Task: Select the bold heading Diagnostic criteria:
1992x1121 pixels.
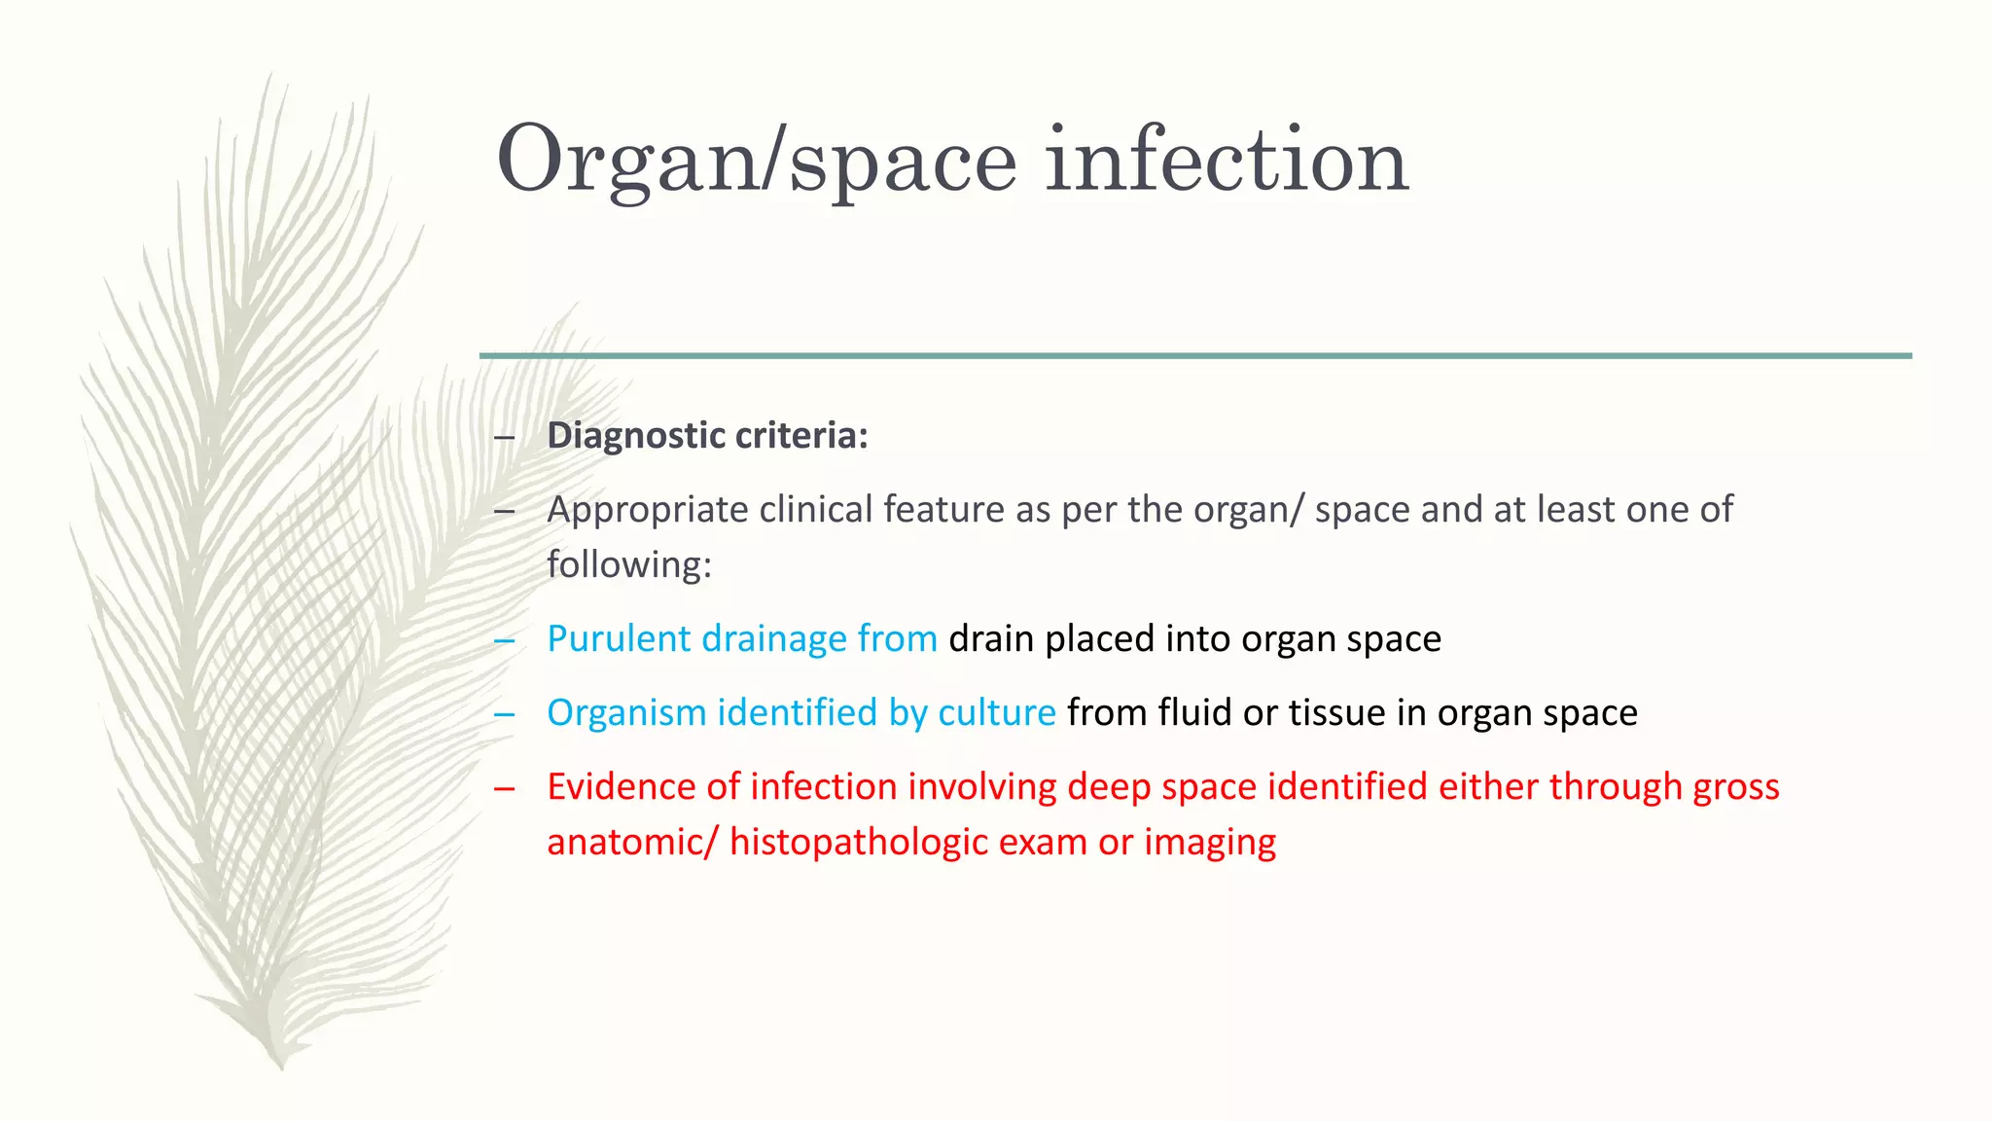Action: coord(707,435)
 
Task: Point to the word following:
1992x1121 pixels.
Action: coord(629,564)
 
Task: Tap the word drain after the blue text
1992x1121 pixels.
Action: coord(991,638)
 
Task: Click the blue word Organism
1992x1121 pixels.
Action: coord(626,713)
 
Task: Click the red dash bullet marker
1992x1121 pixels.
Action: coord(504,787)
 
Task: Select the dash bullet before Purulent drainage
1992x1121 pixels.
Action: coord(504,639)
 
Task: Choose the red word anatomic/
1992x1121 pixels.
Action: coord(632,842)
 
